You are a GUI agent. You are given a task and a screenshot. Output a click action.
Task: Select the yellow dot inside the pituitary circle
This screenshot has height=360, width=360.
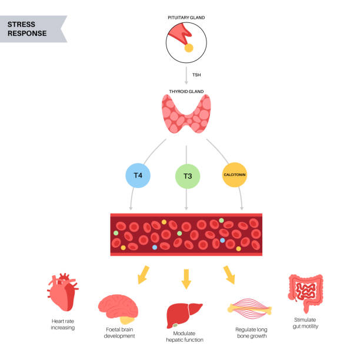[x=189, y=48]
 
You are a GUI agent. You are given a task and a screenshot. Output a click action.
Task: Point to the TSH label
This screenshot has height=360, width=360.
[x=198, y=75]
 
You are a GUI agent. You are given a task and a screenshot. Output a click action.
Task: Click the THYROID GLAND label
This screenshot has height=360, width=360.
[x=186, y=92]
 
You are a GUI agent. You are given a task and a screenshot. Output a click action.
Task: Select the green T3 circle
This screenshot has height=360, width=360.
[x=187, y=176]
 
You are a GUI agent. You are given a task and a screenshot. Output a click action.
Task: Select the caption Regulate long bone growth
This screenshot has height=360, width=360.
[x=251, y=333]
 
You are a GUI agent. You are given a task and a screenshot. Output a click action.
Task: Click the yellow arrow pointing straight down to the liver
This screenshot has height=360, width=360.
[x=186, y=278]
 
